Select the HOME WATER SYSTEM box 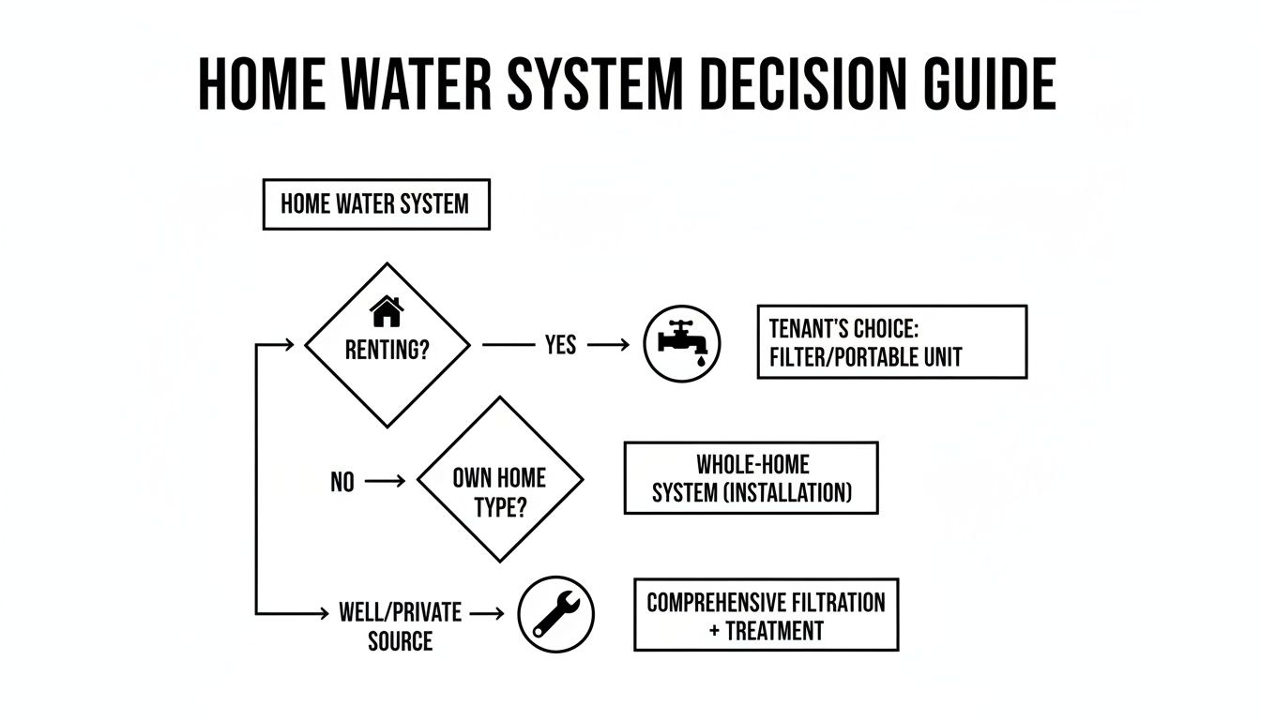[x=375, y=203]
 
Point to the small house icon [x=387, y=310]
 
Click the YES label [x=560, y=345]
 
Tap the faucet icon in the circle [x=682, y=343]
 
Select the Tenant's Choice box [x=891, y=341]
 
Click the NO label [x=342, y=482]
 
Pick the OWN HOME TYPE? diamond [x=499, y=479]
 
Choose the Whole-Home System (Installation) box [x=751, y=478]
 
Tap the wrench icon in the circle [x=556, y=615]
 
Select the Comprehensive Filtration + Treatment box [x=766, y=615]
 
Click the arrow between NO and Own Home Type [x=384, y=481]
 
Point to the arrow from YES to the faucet [x=610, y=345]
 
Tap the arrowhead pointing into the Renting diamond [x=288, y=345]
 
